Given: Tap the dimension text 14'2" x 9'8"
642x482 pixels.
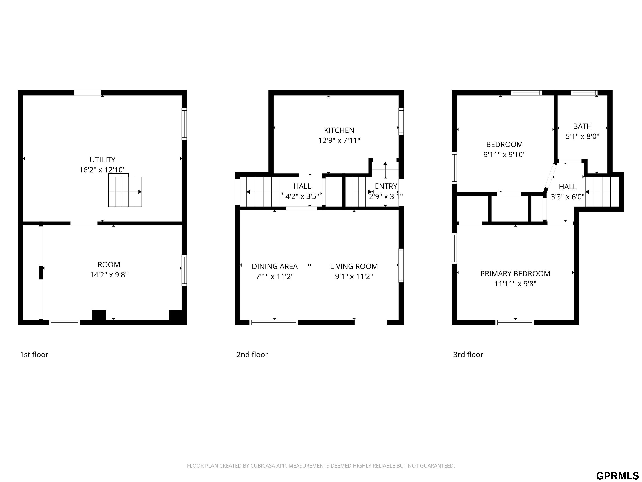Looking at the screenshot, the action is pyautogui.click(x=109, y=275).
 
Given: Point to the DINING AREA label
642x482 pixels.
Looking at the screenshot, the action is pyautogui.click(x=275, y=267).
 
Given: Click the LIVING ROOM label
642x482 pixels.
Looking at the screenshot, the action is pyautogui.click(x=354, y=267).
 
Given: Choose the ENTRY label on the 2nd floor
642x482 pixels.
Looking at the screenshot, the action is pyautogui.click(x=386, y=186).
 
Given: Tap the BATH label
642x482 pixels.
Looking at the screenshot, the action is pyautogui.click(x=582, y=126).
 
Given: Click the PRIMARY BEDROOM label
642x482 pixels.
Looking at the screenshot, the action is pyautogui.click(x=515, y=274).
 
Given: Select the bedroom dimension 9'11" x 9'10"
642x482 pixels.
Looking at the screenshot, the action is pyautogui.click(x=504, y=155).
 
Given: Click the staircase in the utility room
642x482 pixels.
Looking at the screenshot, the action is pyautogui.click(x=125, y=192).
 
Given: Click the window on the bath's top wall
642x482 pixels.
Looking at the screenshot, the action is pyautogui.click(x=584, y=93).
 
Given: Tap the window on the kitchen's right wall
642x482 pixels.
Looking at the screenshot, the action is pyautogui.click(x=401, y=122).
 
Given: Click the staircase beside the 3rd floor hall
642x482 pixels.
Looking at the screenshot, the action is pyautogui.click(x=602, y=192).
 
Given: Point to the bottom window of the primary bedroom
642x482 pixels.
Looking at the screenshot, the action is pyautogui.click(x=515, y=322).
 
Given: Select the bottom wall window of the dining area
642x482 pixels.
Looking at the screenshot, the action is pyautogui.click(x=274, y=322).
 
